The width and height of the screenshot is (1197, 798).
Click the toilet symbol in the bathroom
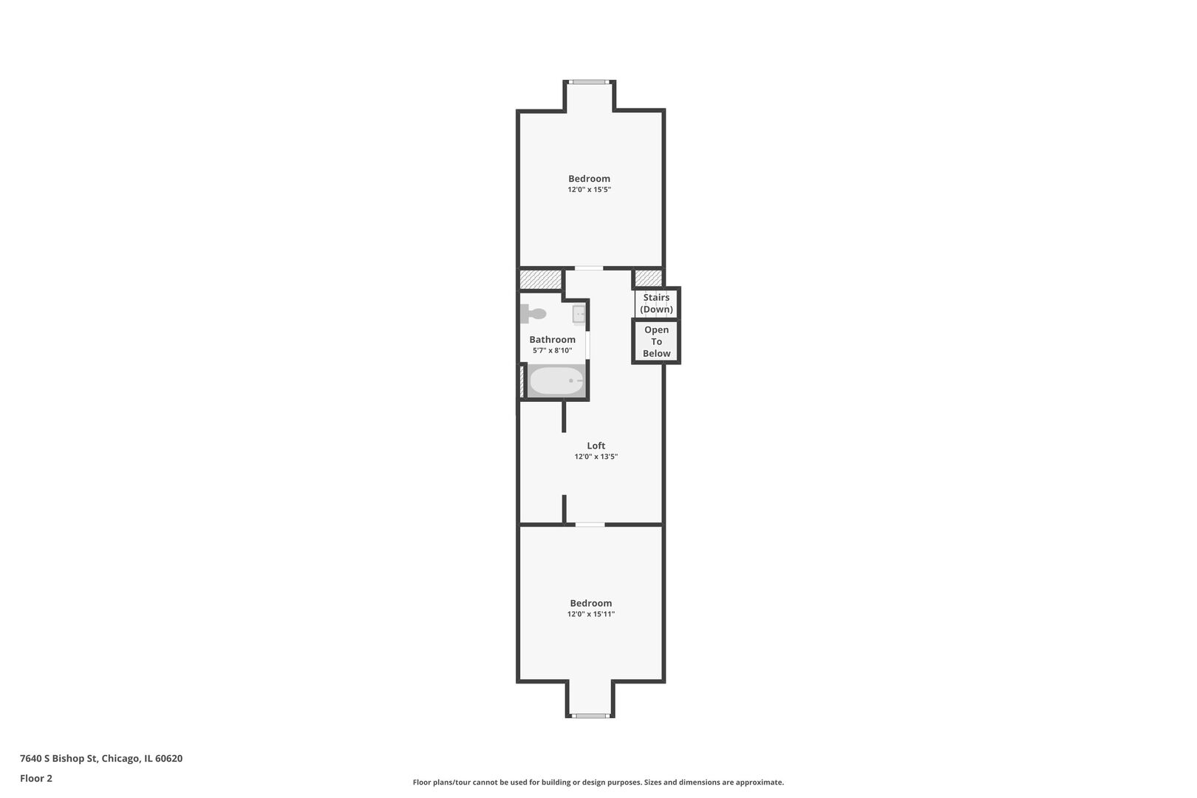[x=533, y=314]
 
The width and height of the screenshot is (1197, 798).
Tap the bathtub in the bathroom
[x=556, y=381]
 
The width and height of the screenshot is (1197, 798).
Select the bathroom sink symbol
[x=579, y=314]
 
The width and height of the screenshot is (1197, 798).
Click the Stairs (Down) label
[x=656, y=303]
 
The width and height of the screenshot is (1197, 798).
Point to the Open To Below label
[x=656, y=341]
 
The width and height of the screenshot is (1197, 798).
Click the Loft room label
[x=596, y=446]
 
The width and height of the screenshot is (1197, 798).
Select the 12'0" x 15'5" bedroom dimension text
[x=589, y=190]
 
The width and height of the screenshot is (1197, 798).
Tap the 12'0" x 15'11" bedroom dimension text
[x=591, y=614]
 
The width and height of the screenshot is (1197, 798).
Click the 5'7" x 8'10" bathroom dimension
[x=553, y=351]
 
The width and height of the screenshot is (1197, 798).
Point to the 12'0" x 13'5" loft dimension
[x=596, y=457]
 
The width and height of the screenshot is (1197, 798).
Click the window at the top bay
[x=589, y=82]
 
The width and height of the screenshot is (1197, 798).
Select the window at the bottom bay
[x=590, y=716]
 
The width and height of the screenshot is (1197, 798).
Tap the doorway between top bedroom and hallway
[x=589, y=268]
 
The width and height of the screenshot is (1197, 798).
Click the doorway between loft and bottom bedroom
[x=590, y=525]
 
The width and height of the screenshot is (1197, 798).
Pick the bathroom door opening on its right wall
[x=587, y=345]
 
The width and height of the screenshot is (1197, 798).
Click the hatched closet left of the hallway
[x=541, y=279]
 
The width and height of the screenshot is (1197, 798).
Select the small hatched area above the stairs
[x=648, y=279]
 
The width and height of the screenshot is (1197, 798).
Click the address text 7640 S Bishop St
[x=59, y=758]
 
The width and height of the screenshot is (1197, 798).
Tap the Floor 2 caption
[x=36, y=778]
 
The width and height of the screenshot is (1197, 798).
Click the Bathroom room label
[x=553, y=339]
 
